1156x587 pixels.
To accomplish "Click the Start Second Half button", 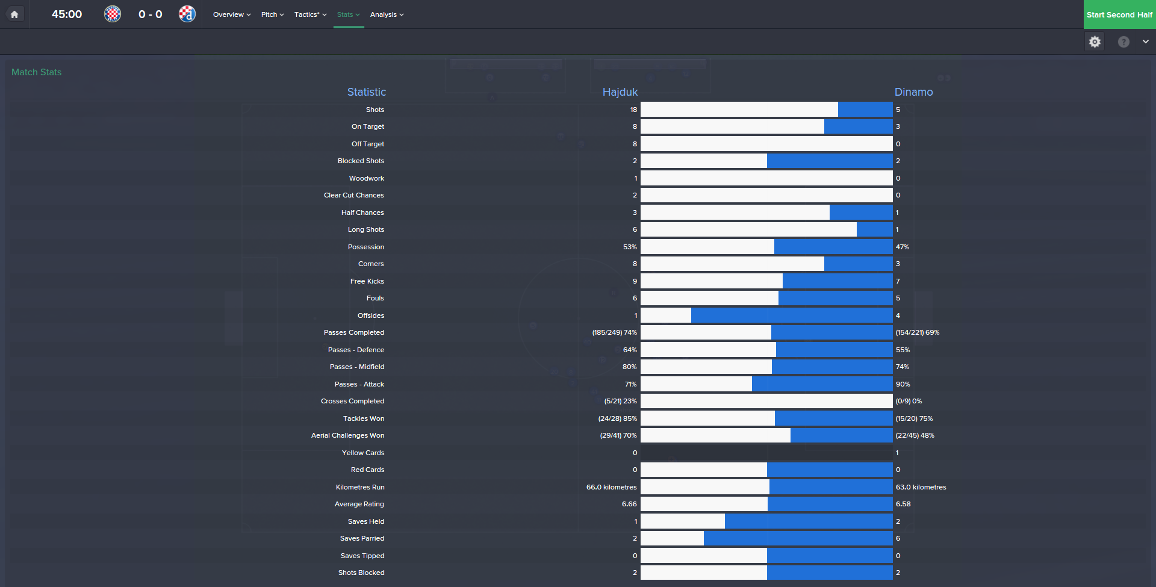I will [x=1119, y=14].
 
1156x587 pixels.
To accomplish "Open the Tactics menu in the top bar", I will [x=310, y=14].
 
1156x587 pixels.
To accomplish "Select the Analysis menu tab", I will [x=387, y=14].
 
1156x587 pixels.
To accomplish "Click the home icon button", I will [x=14, y=14].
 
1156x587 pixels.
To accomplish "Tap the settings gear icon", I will [x=1095, y=42].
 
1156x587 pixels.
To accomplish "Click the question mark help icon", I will [x=1123, y=42].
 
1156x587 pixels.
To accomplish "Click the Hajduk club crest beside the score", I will [x=113, y=14].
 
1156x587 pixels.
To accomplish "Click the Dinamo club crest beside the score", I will [x=187, y=14].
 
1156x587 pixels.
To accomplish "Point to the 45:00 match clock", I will [x=67, y=14].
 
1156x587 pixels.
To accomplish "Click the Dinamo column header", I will [x=913, y=92].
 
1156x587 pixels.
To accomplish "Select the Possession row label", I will [x=365, y=247].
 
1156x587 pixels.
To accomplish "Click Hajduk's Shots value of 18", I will [x=633, y=110].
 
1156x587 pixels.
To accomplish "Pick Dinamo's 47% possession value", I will [x=902, y=247].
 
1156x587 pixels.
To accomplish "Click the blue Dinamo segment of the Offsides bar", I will [x=792, y=315].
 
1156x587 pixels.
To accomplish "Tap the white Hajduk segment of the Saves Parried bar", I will [x=672, y=538].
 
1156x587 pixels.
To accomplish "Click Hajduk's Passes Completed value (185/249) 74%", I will [x=614, y=332].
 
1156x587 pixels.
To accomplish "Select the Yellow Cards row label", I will [x=362, y=453].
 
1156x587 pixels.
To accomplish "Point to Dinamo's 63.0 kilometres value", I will [x=921, y=487].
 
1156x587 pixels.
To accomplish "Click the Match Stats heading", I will [x=37, y=72].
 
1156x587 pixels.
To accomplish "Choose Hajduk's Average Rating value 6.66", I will [x=629, y=504].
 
